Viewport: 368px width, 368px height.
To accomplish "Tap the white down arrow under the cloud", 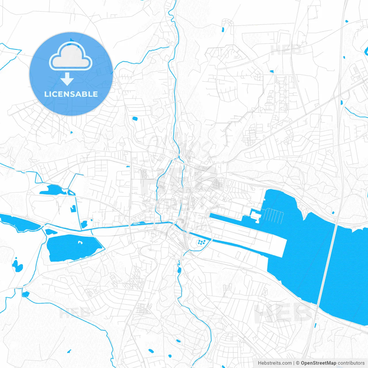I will click(x=67, y=79).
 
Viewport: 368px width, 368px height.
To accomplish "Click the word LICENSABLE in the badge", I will click(x=71, y=94).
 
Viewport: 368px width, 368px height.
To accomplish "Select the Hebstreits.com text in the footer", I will click(x=275, y=363).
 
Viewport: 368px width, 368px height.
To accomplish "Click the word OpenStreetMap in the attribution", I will click(x=318, y=363).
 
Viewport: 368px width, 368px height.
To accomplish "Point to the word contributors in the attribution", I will click(x=351, y=363).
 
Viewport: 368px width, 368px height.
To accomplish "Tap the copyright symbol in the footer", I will click(x=298, y=363).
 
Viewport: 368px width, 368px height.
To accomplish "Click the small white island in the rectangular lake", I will click(x=80, y=242).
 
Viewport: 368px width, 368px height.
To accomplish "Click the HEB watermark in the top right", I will click(x=286, y=50).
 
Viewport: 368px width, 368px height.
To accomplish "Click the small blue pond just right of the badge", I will click(x=135, y=118).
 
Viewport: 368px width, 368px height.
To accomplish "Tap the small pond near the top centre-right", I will click(x=223, y=29).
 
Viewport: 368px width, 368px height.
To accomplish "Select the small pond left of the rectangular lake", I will click(x=17, y=266).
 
